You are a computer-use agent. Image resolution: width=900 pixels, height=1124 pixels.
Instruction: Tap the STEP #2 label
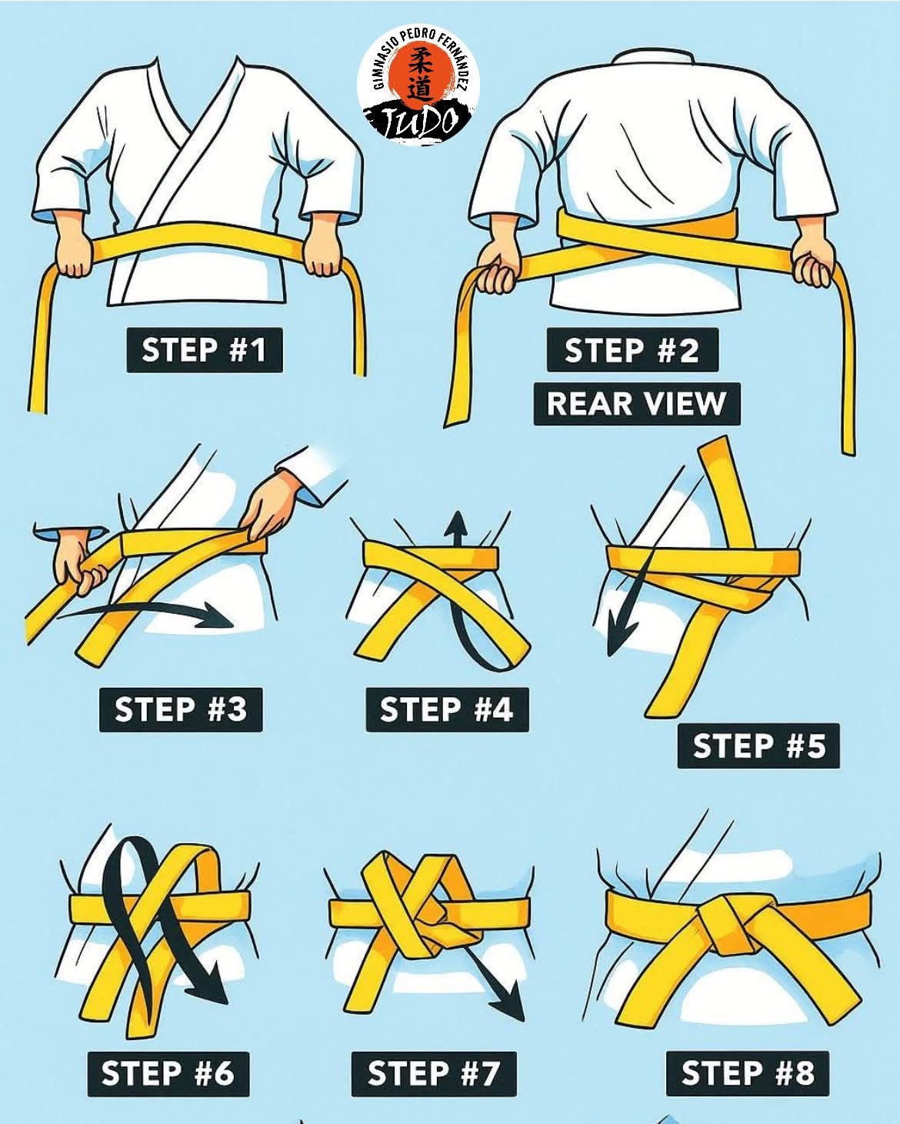tap(632, 351)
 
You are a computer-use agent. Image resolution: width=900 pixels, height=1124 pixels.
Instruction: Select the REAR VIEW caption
tap(636, 403)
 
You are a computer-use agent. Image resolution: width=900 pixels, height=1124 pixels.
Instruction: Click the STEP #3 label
tap(180, 709)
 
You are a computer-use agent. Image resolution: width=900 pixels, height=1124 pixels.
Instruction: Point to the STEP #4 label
tap(446, 709)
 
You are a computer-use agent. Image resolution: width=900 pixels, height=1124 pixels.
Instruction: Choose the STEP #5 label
tap(758, 745)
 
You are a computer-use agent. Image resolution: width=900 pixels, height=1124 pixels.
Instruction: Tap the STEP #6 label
tap(167, 1072)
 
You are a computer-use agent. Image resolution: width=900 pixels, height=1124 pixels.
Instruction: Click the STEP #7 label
tap(433, 1072)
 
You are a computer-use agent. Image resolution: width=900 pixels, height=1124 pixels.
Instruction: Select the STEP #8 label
tap(747, 1072)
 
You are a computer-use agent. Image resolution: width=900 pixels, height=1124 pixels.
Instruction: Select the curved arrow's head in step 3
tap(223, 617)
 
